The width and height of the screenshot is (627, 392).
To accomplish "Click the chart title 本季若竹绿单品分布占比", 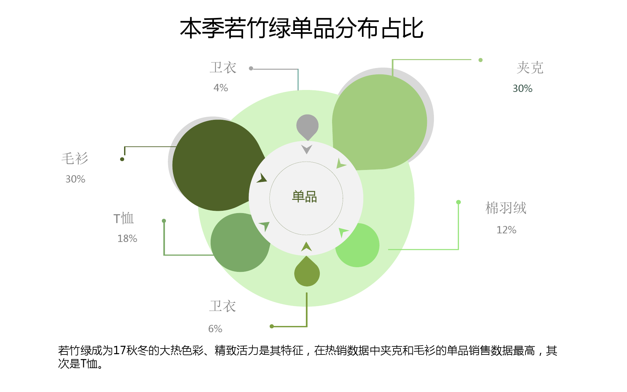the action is (x=302, y=28).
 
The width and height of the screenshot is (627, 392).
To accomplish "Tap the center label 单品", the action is (x=305, y=196).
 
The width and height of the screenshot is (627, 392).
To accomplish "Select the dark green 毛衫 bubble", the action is (x=217, y=165).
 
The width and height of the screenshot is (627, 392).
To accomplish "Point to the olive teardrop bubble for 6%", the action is (x=307, y=272).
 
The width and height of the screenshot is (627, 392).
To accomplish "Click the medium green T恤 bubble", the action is (x=240, y=242).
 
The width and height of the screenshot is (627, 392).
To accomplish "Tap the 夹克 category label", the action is (x=530, y=68).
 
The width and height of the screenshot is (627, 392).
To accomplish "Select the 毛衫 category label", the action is (x=75, y=158).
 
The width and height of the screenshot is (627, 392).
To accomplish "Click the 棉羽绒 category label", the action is (x=506, y=208).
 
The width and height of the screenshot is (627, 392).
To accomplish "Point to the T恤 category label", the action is (x=123, y=218).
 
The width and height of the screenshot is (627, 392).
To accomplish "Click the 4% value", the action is (x=221, y=88).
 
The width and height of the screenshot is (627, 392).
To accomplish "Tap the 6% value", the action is (x=215, y=329).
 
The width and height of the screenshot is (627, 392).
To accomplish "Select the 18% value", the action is (x=127, y=238).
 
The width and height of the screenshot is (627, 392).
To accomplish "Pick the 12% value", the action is (x=506, y=230).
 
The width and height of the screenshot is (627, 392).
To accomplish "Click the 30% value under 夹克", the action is (x=522, y=88).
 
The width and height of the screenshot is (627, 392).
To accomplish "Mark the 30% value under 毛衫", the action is (x=75, y=179).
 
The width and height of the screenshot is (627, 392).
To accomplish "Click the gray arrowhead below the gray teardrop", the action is (x=307, y=149).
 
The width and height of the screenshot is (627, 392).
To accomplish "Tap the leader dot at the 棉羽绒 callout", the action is (x=458, y=202).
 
